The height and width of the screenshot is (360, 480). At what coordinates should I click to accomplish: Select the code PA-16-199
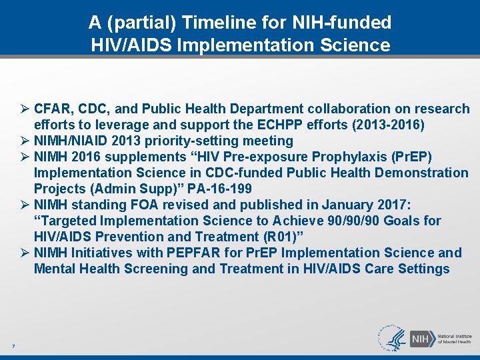point(219,189)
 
